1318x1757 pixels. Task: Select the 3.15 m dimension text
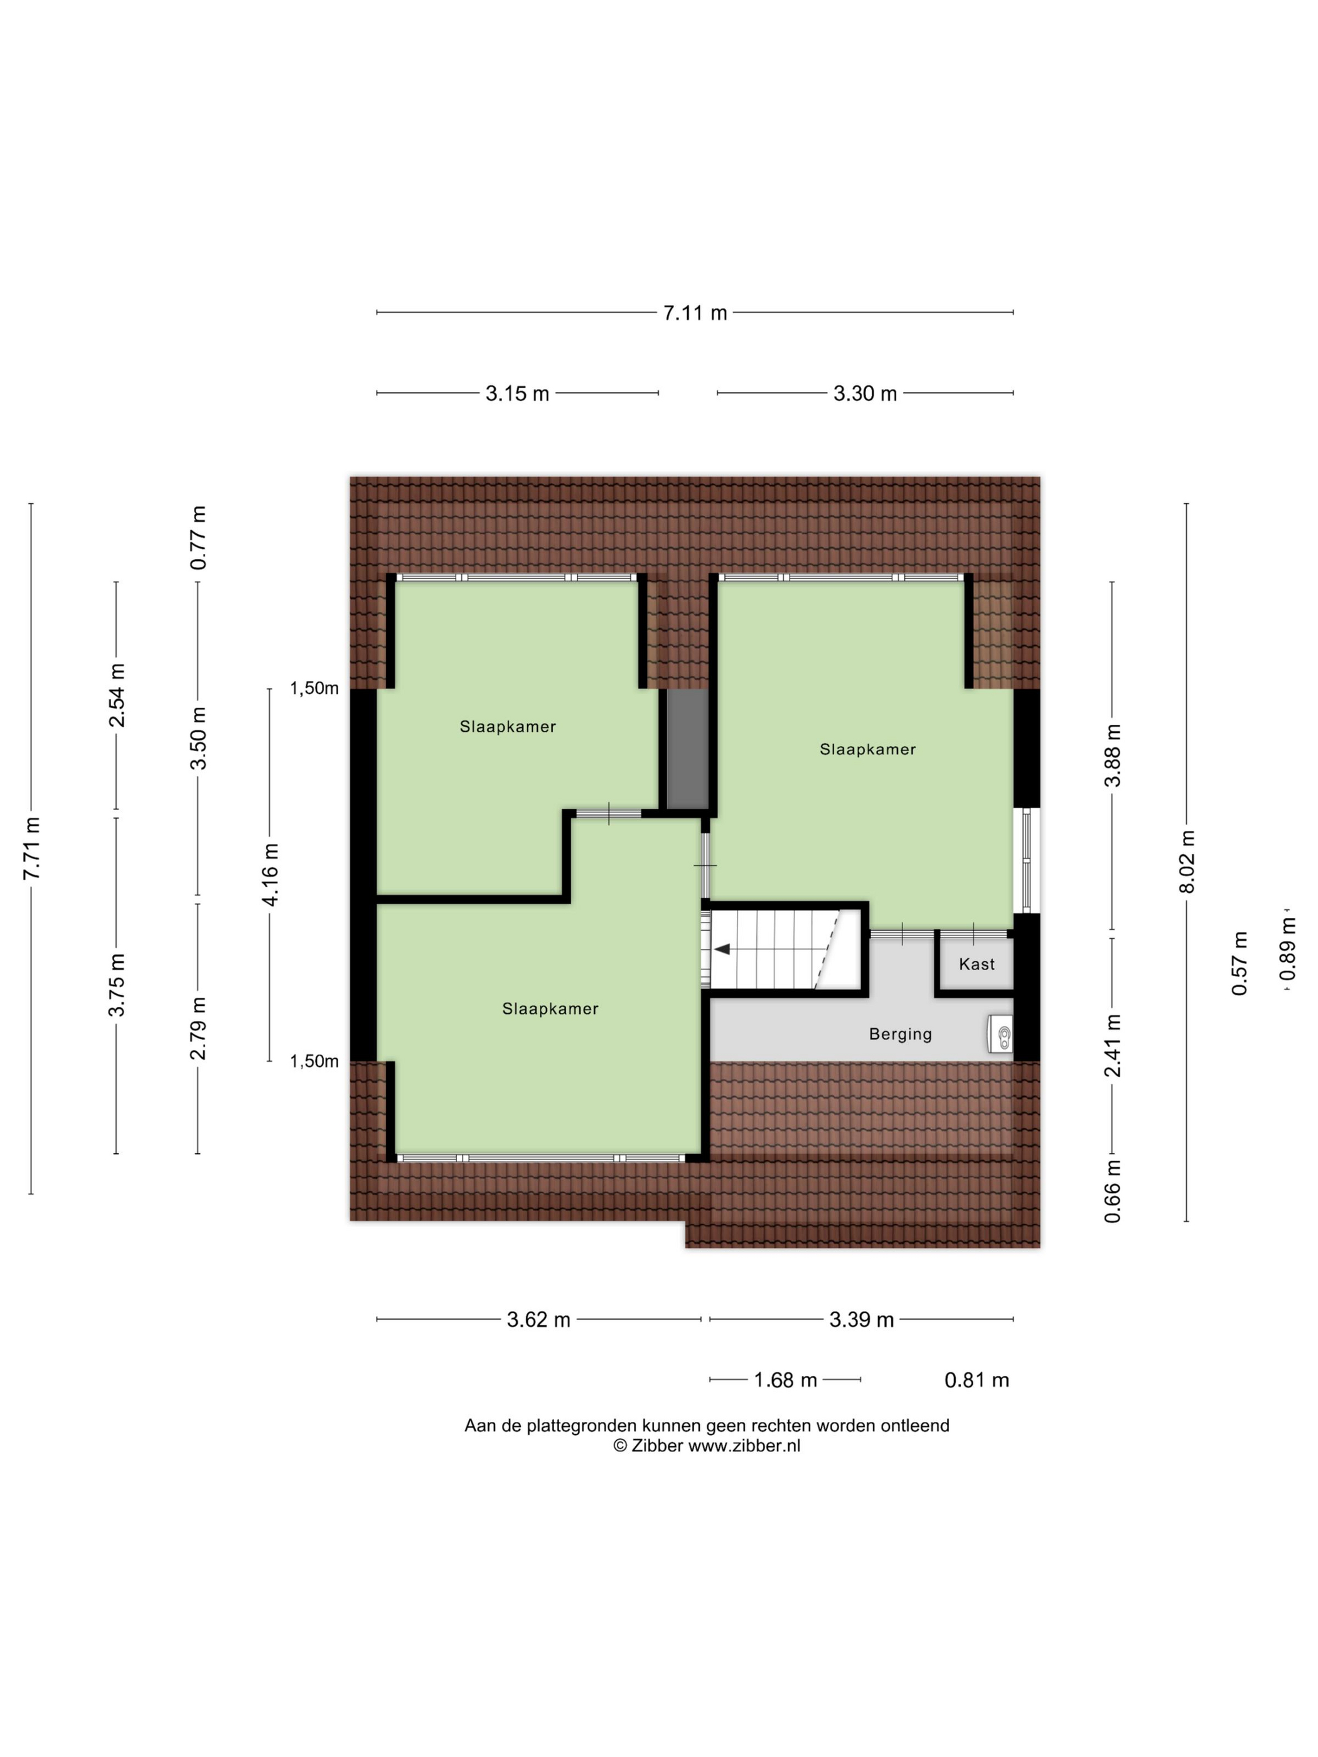[x=517, y=393]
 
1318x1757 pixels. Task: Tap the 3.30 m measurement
[x=865, y=393]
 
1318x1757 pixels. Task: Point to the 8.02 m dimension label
[x=1186, y=862]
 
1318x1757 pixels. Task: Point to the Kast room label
[x=977, y=964]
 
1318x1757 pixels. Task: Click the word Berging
[x=900, y=1034]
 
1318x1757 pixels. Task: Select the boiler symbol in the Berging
[x=1001, y=1034]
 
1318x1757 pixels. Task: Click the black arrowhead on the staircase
[x=722, y=948]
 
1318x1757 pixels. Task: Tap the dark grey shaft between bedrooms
[x=687, y=749]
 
